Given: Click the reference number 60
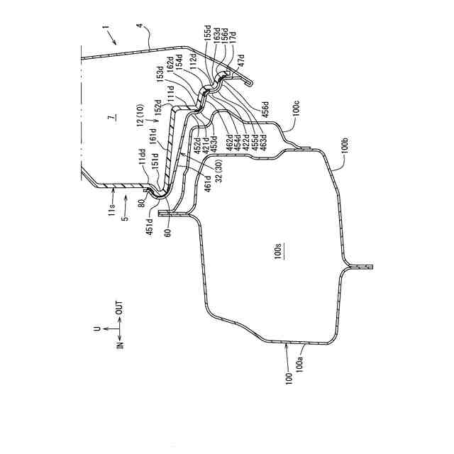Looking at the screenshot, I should (167, 231).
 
